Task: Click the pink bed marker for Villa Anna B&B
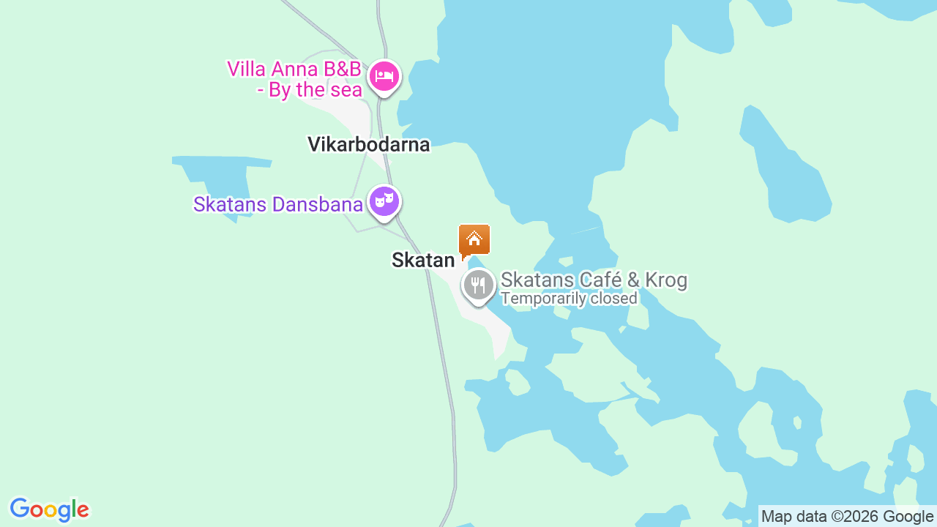click(x=384, y=75)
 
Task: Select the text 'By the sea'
click(x=316, y=90)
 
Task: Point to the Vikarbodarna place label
click(x=368, y=144)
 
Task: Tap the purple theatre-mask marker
click(x=384, y=201)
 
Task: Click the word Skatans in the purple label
click(x=228, y=204)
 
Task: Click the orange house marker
click(x=474, y=239)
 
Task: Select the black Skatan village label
click(x=423, y=260)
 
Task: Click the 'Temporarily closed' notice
click(x=569, y=299)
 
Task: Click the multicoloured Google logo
click(x=49, y=509)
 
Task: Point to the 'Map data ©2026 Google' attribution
click(x=847, y=516)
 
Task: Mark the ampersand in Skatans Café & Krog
click(x=636, y=280)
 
